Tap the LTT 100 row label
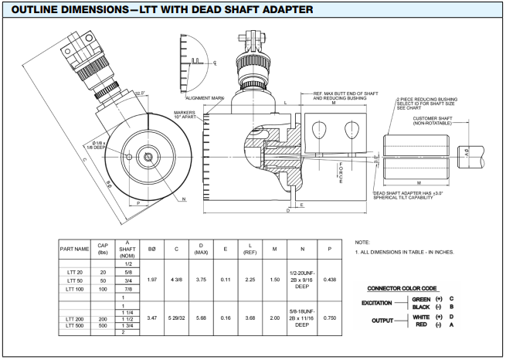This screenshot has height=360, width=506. pyautogui.click(x=76, y=288)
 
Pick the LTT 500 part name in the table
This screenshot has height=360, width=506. pyautogui.click(x=76, y=324)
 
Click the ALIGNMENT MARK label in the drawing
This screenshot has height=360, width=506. pyautogui.click(x=205, y=98)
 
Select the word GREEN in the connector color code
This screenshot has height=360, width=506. pyautogui.click(x=421, y=298)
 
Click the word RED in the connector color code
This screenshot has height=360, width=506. pyautogui.click(x=421, y=324)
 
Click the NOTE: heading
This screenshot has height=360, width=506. pyautogui.click(x=362, y=242)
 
